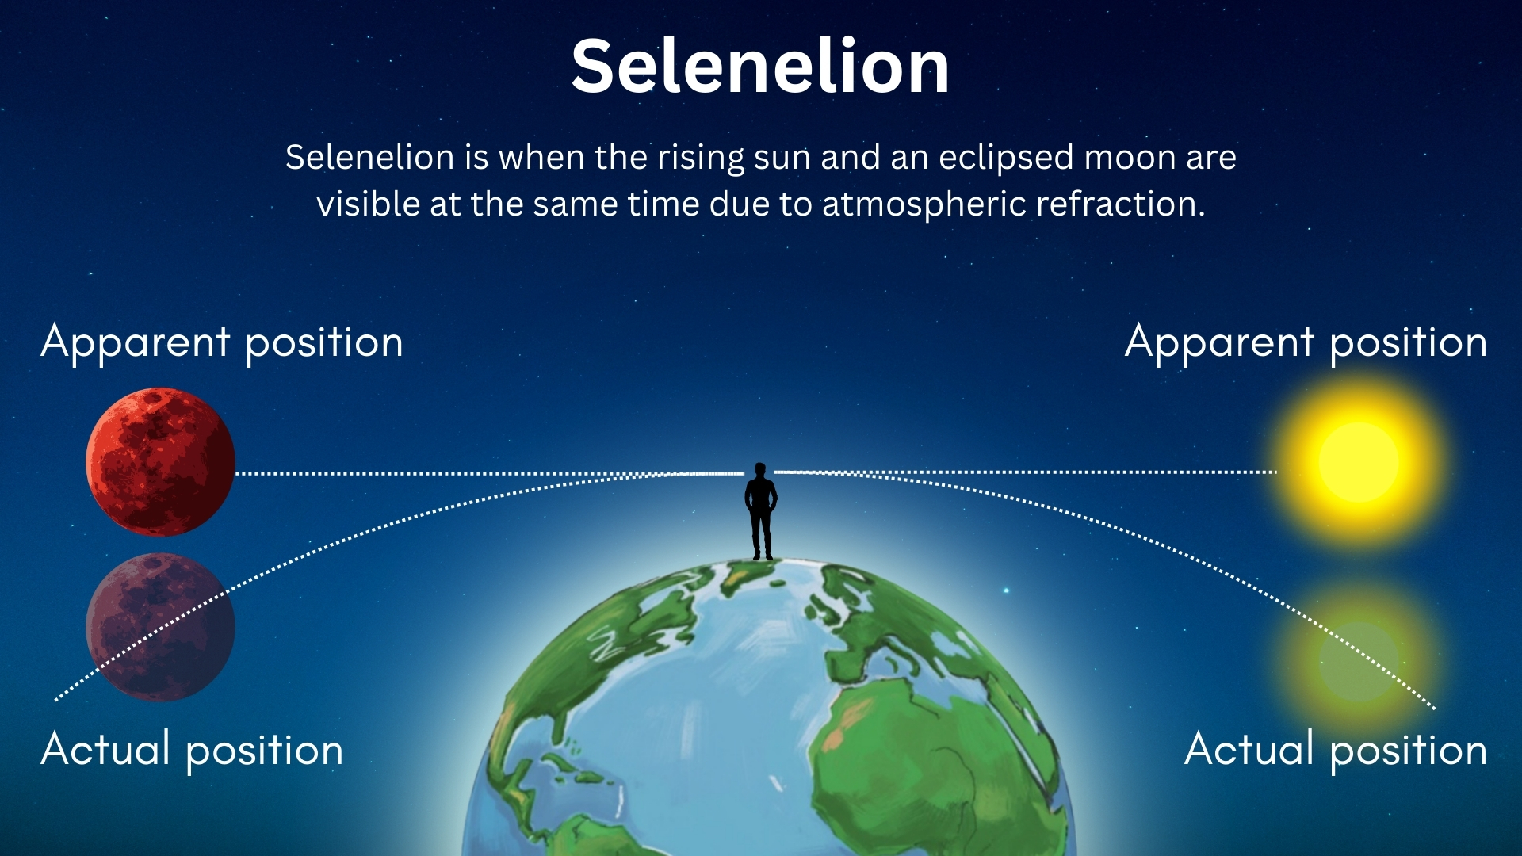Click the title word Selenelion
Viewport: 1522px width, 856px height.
[x=759, y=67]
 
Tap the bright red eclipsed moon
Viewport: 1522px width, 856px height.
[x=160, y=461]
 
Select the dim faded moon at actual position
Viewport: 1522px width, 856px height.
[x=160, y=626]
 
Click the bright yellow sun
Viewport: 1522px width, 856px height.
[x=1359, y=461]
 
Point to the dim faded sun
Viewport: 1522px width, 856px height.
[x=1359, y=659]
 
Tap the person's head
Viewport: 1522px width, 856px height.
[x=761, y=471]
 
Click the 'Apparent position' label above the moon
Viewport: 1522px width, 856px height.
[x=222, y=343]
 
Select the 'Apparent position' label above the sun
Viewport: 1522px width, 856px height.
[x=1306, y=343]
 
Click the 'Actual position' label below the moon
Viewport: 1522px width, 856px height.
[x=192, y=750]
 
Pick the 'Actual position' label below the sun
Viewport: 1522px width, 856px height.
[x=1336, y=750]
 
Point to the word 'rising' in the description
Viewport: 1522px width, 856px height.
[x=701, y=159]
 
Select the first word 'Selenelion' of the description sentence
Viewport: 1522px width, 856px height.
[x=369, y=158]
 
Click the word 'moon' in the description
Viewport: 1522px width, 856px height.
[x=1129, y=158]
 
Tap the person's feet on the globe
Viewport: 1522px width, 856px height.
[x=763, y=556]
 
